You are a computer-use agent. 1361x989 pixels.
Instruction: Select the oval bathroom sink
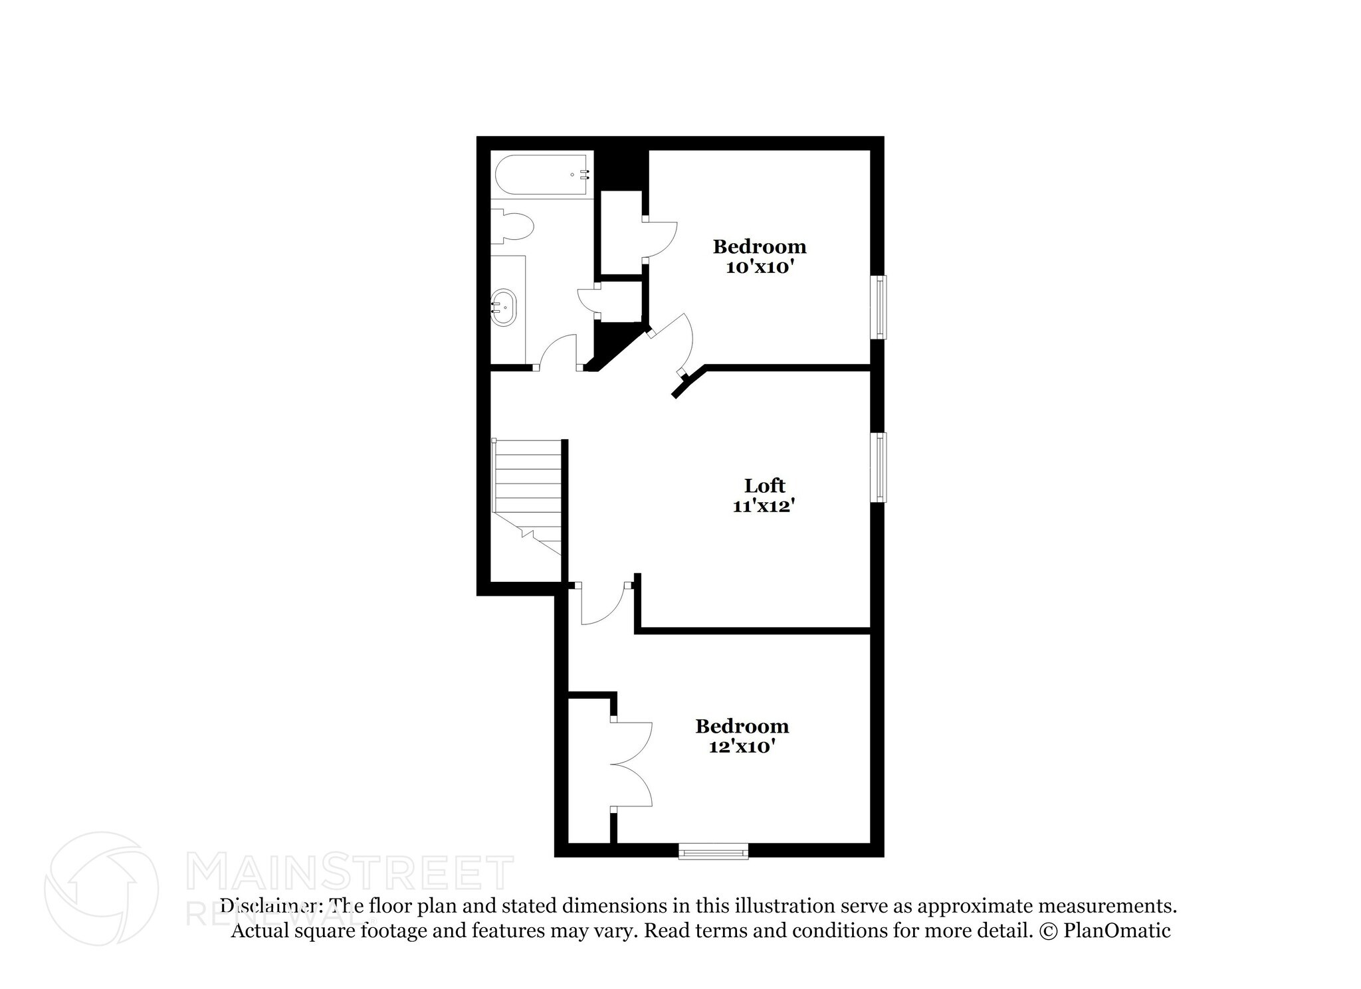click(503, 308)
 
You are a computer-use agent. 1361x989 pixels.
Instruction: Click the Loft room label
click(764, 486)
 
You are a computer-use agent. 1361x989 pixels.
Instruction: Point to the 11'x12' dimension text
click(764, 506)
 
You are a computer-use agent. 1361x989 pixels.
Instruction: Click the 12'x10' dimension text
click(742, 747)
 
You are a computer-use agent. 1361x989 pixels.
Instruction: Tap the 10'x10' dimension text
click(760, 268)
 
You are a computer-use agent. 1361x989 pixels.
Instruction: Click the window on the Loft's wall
click(879, 467)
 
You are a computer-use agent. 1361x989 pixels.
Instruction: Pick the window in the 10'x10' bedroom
click(879, 308)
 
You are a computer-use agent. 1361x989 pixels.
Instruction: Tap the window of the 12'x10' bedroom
click(713, 851)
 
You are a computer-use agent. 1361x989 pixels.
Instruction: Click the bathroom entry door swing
click(558, 352)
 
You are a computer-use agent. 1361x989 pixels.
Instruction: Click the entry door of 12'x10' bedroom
click(601, 604)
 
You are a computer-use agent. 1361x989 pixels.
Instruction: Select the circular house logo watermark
click(101, 888)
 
